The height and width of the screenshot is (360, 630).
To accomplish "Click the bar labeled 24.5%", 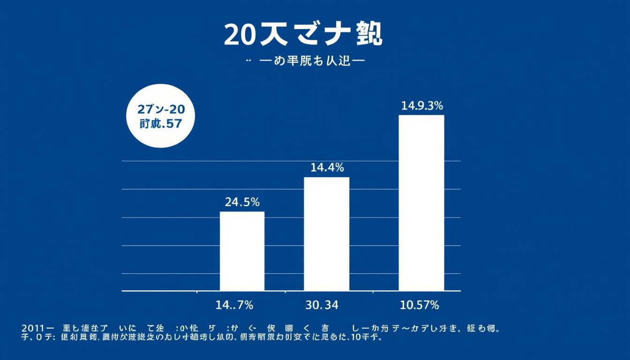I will [x=242, y=251].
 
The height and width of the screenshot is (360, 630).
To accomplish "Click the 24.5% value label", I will [x=242, y=202].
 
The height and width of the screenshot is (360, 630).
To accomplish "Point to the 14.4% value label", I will [x=327, y=167].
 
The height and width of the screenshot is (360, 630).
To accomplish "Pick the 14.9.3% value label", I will [x=422, y=106].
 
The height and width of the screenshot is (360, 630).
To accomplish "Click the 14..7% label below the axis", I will [x=234, y=306].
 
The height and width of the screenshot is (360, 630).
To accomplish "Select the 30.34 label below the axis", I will [x=322, y=306].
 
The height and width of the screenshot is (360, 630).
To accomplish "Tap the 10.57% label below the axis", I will [x=420, y=306].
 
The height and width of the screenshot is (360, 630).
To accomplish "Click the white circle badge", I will [x=161, y=116].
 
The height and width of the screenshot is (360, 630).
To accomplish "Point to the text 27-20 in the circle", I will [x=161, y=110].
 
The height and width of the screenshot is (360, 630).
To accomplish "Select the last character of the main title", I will [x=369, y=35].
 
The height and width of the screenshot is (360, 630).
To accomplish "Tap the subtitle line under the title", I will [x=305, y=61].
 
